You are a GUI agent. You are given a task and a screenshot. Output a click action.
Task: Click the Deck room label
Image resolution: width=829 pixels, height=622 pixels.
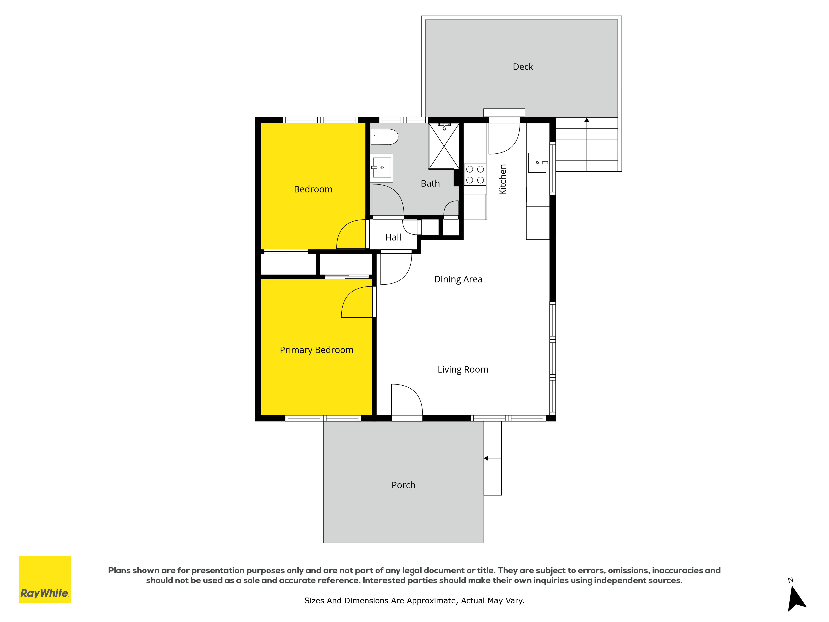coord(523,67)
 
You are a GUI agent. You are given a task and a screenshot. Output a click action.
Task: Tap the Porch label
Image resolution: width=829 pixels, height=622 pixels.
coord(403,485)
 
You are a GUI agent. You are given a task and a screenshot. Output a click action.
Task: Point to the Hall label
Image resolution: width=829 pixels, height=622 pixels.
coord(393,237)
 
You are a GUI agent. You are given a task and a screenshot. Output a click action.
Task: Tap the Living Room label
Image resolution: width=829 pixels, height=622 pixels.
coord(463,370)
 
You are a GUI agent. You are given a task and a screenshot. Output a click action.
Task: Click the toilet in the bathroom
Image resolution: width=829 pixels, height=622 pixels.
coord(384,137)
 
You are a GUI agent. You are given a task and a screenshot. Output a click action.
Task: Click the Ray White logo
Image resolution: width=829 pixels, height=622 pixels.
coord(45,579)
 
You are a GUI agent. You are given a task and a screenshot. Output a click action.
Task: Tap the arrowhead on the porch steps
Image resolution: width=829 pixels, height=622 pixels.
coord(486,458)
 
